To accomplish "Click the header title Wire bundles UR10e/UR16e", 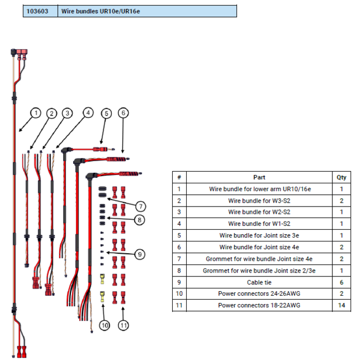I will (x=100, y=11).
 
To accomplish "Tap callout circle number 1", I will (x=35, y=113).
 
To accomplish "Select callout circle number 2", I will (x=52, y=113).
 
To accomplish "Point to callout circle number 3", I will (x=67, y=113).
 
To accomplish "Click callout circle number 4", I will (x=87, y=113).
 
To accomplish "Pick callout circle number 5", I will (x=106, y=113).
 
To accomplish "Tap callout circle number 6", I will (x=123, y=113).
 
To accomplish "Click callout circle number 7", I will (x=141, y=207).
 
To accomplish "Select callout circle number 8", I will (x=141, y=220).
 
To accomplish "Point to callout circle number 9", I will (x=141, y=254).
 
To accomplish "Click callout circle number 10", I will (x=105, y=325).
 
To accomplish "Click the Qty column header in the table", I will (x=341, y=177).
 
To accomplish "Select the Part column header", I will (x=259, y=177).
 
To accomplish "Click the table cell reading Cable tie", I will (x=259, y=282).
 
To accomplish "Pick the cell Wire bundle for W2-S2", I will (x=259, y=212).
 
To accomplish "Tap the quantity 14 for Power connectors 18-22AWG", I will (x=341, y=305).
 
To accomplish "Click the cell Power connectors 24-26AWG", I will (x=259, y=294).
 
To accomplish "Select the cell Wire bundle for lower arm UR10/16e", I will (x=259, y=189).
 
